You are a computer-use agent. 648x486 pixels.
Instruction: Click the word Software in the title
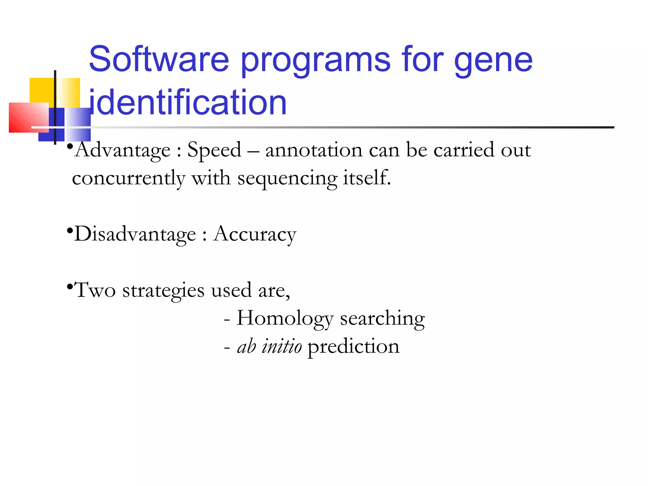tap(159, 59)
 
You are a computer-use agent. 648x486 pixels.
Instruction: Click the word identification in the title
tap(187, 102)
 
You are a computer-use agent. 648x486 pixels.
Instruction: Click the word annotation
tap(314, 150)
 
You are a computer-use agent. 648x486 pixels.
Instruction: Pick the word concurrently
tap(128, 178)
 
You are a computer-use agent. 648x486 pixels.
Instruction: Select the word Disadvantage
tap(135, 234)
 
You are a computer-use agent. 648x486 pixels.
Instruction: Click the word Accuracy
tap(255, 234)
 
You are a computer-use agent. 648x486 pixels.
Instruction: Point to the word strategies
tap(163, 290)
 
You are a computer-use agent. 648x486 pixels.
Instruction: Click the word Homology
tap(285, 319)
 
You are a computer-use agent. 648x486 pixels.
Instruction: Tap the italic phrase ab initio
tap(269, 346)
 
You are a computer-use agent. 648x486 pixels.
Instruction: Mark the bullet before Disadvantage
tap(70, 231)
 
